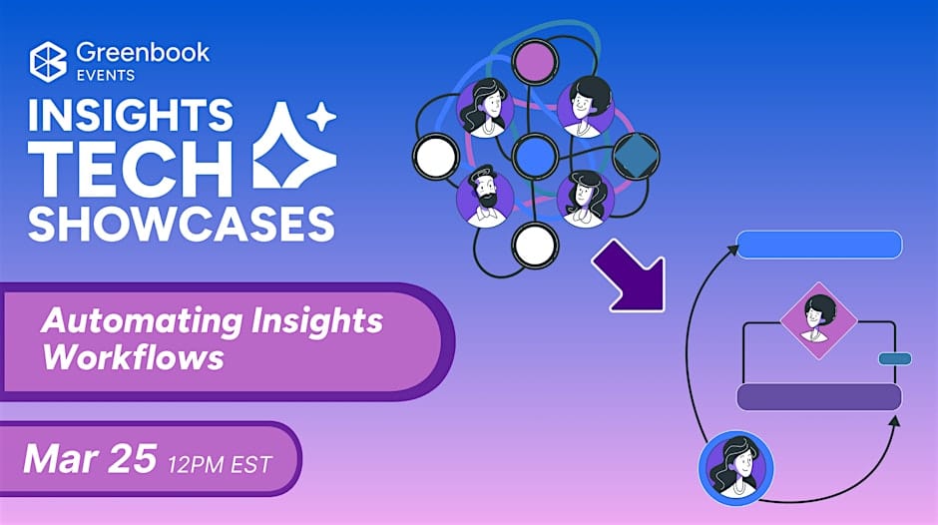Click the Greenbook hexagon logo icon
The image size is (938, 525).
click(x=49, y=61)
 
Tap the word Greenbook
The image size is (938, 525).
click(x=143, y=53)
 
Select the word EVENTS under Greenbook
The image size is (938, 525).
click(x=106, y=76)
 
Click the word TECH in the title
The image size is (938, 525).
click(x=131, y=169)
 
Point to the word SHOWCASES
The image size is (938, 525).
click(x=182, y=224)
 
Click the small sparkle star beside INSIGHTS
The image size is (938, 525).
click(x=322, y=116)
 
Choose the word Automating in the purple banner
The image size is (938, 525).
click(x=142, y=321)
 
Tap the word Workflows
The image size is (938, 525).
click(x=133, y=357)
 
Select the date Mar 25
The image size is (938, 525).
click(x=90, y=458)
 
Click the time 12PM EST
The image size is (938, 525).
click(x=220, y=464)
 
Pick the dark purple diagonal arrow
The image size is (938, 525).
click(x=631, y=275)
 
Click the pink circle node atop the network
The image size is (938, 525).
click(x=535, y=61)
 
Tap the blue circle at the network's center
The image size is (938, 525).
click(x=535, y=156)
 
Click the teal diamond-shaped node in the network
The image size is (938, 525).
click(x=636, y=156)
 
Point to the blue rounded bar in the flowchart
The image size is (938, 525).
click(x=819, y=245)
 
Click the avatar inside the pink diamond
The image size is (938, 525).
click(x=818, y=320)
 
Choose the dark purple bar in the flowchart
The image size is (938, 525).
click(x=819, y=397)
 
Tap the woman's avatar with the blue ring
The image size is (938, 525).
click(x=735, y=468)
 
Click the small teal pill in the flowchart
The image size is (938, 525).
click(x=895, y=358)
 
